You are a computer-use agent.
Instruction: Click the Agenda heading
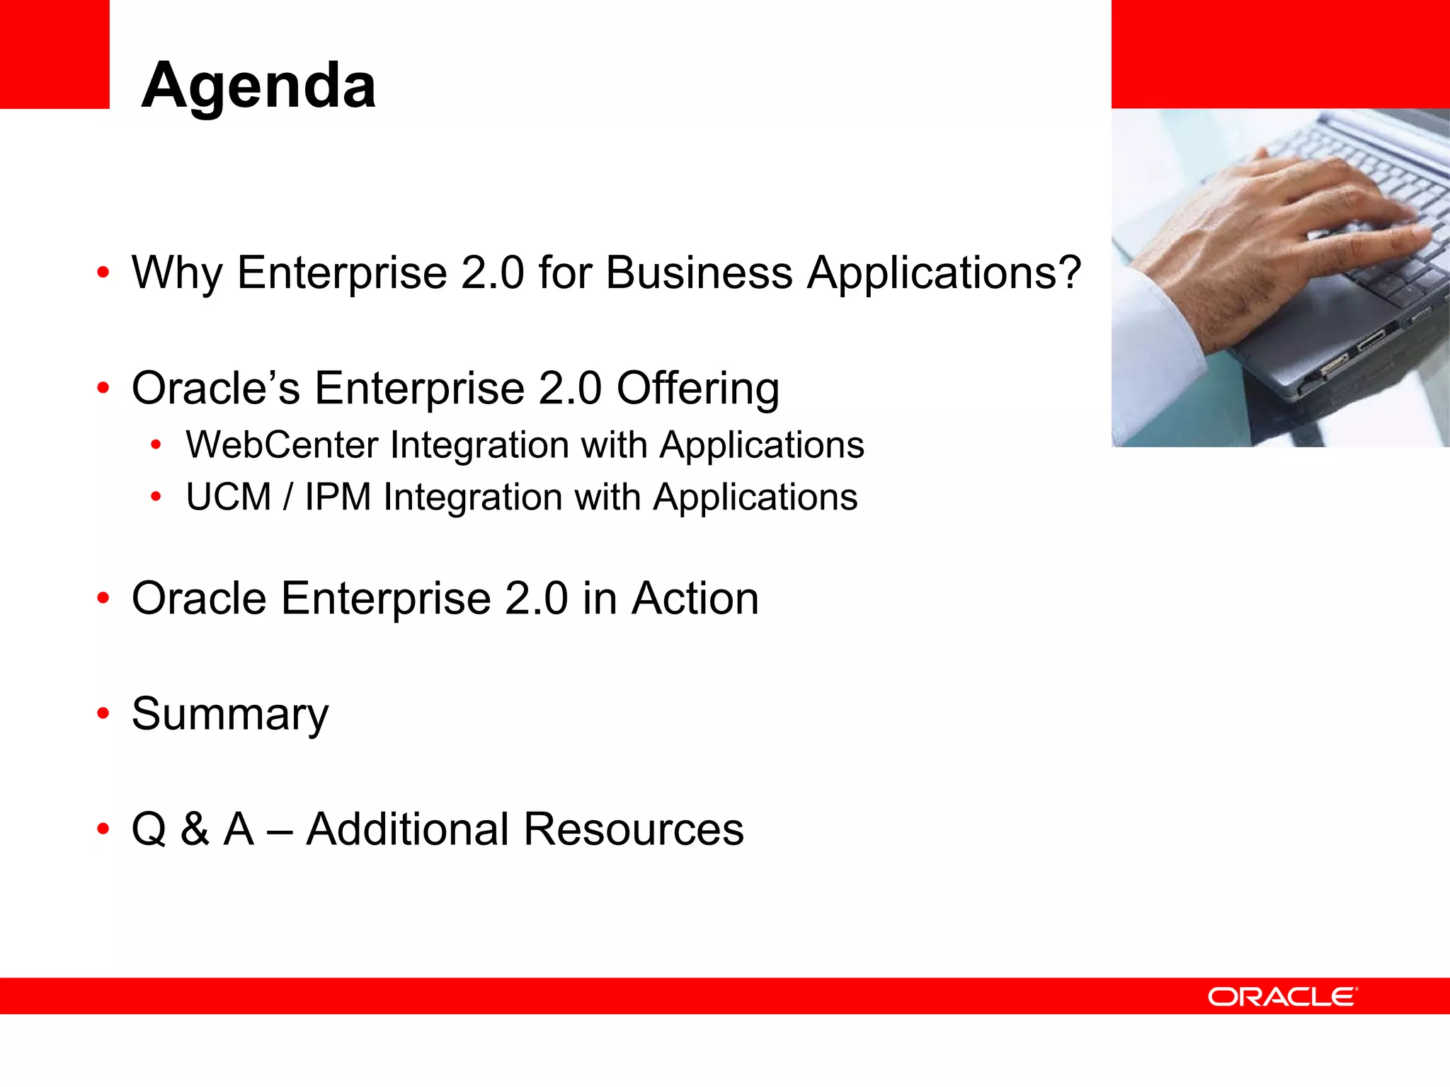pyautogui.click(x=258, y=86)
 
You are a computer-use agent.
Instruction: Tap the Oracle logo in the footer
pyautogui.click(x=1282, y=996)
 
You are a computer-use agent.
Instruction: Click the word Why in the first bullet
pyautogui.click(x=177, y=273)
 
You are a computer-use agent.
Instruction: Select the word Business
pyautogui.click(x=699, y=273)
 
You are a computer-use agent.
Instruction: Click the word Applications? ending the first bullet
pyautogui.click(x=944, y=273)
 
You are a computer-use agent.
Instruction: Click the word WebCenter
pyautogui.click(x=282, y=445)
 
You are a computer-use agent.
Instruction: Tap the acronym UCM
pyautogui.click(x=229, y=497)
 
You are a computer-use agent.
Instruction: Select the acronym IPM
pyautogui.click(x=338, y=497)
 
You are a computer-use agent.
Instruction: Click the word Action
pyautogui.click(x=695, y=599)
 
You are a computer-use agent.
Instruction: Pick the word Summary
pyautogui.click(x=230, y=715)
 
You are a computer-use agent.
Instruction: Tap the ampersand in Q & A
pyautogui.click(x=195, y=829)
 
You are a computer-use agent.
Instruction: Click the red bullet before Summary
pyautogui.click(x=103, y=713)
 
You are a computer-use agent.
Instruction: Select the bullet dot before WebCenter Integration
pyautogui.click(x=156, y=446)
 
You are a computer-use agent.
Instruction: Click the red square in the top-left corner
pyautogui.click(x=55, y=54)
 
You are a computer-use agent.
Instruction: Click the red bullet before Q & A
pyautogui.click(x=103, y=829)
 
